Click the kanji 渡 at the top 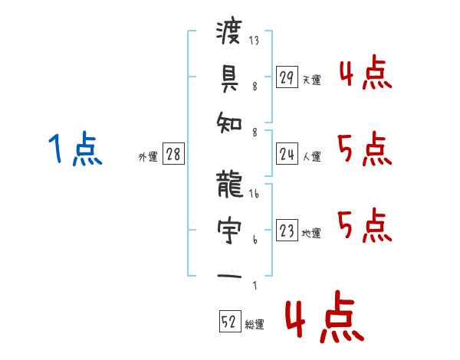pos(229,33)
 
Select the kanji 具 pos(229,78)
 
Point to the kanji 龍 pos(229,185)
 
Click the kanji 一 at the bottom pos(229,275)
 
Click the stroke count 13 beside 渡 pos(254,41)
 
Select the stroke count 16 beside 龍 pos(254,195)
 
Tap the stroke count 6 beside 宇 pos(255,240)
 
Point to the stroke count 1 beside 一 pos(255,286)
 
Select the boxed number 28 pos(173,154)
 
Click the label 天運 pos(311,80)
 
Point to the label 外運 pos(148,156)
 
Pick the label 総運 pos(255,324)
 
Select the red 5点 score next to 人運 pos(365,149)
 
